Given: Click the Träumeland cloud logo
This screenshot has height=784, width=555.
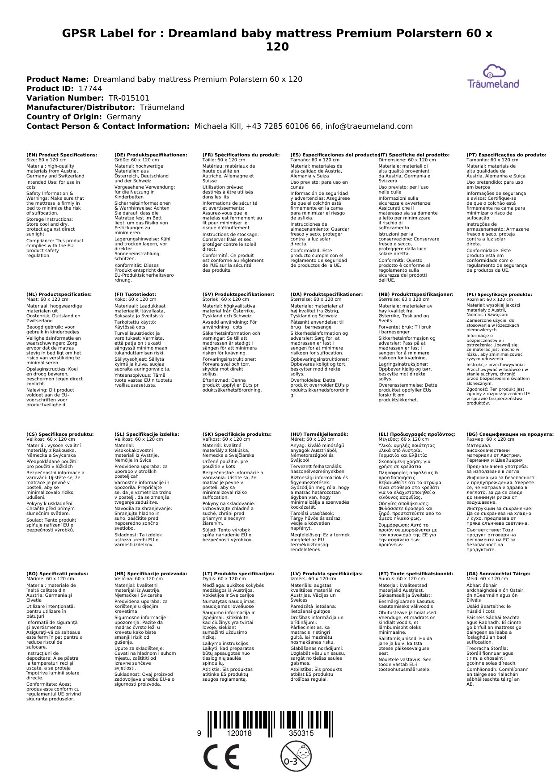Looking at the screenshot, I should click(493, 76).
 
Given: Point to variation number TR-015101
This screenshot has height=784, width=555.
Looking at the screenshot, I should click(129, 98).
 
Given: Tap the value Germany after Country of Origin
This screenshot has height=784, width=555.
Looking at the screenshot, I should click(123, 117).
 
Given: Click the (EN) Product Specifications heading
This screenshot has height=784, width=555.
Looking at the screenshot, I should click(62, 155).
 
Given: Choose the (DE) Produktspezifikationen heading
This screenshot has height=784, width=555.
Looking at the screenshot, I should click(151, 155).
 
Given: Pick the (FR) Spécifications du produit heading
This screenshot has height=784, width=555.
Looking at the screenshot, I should click(241, 155).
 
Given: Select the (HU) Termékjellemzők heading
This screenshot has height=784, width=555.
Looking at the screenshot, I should click(319, 434).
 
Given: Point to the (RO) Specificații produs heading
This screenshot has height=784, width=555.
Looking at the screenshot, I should click(57, 574).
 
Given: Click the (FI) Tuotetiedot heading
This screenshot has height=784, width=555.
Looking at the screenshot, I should click(135, 295).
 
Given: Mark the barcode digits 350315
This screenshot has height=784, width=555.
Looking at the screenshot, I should click(301, 733).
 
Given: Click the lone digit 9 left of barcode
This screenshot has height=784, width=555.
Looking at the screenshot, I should click(199, 733).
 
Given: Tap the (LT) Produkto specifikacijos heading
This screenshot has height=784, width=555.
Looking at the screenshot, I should click(238, 574).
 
